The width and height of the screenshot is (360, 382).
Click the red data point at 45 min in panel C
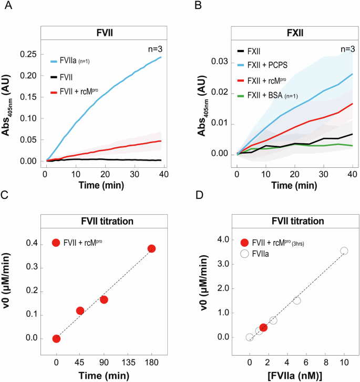point(80,311)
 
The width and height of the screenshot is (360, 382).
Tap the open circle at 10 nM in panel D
point(344,251)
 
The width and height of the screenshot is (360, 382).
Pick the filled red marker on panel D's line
point(263,327)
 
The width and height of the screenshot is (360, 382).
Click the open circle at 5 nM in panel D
point(297,300)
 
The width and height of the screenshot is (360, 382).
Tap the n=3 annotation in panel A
point(154,49)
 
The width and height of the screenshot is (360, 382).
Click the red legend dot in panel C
point(56,243)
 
